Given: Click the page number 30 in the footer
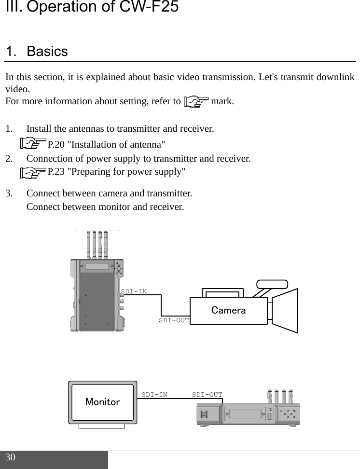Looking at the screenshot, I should [11, 457].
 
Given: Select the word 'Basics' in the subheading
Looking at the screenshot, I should [47, 51].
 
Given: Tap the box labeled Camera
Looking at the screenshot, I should [228, 310].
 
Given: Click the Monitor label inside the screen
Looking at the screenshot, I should [102, 401].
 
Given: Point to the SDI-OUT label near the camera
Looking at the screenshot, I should [174, 320].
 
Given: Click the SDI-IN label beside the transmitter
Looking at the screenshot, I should [134, 291].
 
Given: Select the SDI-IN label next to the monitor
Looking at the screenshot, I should [154, 394].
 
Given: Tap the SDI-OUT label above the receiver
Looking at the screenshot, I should [207, 394].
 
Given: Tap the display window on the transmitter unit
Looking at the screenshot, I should [97, 267].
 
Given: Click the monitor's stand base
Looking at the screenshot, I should [102, 425].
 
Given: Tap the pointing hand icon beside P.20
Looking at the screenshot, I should [34, 144].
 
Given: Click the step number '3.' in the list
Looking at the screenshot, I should [10, 194].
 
